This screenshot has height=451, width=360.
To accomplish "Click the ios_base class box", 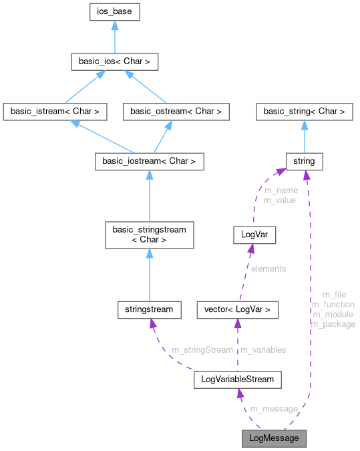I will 115,11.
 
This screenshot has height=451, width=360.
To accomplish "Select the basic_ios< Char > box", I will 115,63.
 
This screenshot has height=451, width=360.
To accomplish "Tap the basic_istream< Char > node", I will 55,112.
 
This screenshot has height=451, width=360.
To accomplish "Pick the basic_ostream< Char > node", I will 176,112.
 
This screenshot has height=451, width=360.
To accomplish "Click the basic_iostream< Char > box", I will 149,161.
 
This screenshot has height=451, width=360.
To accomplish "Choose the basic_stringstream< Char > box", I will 149,234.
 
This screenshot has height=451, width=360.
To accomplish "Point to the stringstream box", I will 149,309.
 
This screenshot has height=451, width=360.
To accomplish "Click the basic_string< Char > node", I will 305,112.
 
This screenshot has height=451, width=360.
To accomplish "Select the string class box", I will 305,161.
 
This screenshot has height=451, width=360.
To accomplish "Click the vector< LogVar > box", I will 238,309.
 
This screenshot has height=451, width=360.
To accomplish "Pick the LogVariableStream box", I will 238,380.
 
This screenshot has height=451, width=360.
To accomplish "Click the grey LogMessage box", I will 275,438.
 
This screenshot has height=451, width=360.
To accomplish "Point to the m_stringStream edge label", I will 202,349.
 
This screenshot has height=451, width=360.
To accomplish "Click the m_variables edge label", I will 263,349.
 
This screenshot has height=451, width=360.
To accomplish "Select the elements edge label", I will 268,269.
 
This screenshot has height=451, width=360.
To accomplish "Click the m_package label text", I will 333,324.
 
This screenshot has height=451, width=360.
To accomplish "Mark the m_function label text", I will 333,304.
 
